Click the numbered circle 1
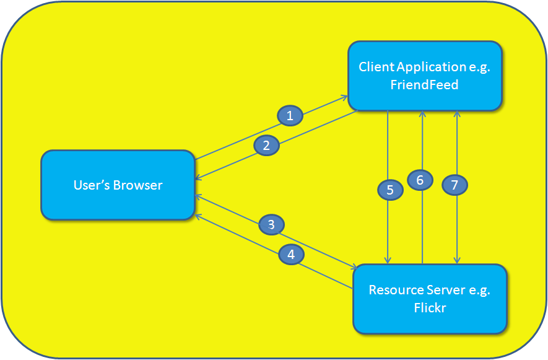290,115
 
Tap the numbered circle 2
266,146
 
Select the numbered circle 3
271,224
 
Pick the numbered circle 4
291,254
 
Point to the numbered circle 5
390,190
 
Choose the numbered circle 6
420,180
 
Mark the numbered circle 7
454,185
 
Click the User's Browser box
118,185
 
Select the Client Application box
424,76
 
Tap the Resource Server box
430,298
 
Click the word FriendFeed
424,85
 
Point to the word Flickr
430,307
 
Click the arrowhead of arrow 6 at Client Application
422,114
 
